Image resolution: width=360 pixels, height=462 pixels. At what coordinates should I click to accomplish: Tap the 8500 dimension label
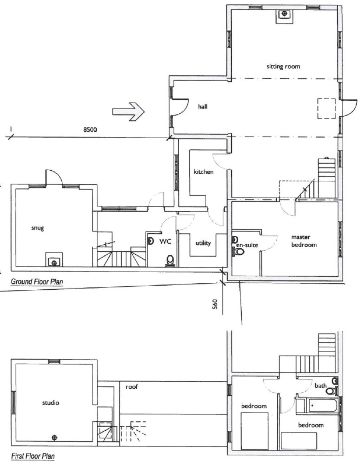click(90, 130)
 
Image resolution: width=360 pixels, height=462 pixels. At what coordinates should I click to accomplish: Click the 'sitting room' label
click(283, 67)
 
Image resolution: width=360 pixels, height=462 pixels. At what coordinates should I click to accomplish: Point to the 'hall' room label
click(202, 106)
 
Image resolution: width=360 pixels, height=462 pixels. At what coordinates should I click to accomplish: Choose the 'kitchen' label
click(203, 172)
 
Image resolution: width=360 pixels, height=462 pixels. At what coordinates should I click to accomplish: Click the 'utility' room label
click(203, 243)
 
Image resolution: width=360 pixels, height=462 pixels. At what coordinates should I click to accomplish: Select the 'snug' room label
click(37, 228)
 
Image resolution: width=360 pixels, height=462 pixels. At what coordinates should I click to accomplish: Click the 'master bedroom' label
click(304, 241)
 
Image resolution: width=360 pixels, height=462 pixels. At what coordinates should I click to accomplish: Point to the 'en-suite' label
click(247, 245)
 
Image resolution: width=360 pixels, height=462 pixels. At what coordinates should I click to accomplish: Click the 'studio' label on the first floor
click(50, 403)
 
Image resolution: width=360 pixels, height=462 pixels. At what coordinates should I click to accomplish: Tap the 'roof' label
click(131, 387)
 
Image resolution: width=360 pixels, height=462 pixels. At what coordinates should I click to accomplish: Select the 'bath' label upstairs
click(321, 385)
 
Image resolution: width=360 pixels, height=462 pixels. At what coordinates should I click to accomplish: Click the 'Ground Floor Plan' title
click(37, 282)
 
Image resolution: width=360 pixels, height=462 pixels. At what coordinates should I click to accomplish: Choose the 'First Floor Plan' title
click(33, 456)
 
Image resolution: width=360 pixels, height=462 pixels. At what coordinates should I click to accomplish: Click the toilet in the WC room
click(170, 261)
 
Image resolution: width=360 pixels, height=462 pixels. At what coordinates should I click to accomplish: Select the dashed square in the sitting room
click(326, 108)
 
